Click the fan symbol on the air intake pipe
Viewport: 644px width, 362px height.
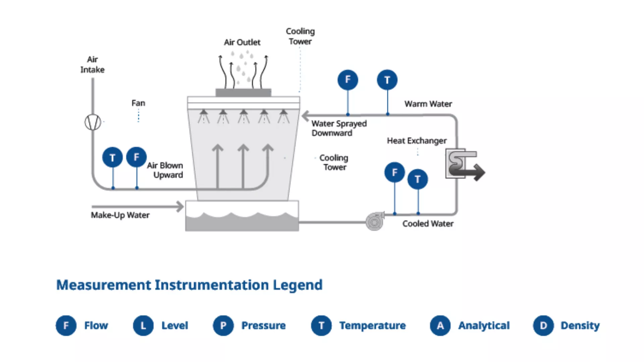(93, 122)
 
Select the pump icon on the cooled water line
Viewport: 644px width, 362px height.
(375, 221)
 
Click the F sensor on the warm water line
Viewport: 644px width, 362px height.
(347, 80)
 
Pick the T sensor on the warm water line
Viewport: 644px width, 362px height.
(387, 80)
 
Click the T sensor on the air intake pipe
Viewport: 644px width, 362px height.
(112, 157)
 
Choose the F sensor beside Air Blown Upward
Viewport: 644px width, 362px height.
(136, 157)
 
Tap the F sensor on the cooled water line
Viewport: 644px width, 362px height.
(394, 172)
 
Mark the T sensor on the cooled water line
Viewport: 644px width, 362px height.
(418, 179)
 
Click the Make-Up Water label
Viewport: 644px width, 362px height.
(120, 215)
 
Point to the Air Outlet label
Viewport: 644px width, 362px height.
(242, 42)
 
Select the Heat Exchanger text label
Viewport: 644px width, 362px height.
(417, 141)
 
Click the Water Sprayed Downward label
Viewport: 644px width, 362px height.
(339, 128)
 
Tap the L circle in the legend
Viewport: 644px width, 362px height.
(143, 325)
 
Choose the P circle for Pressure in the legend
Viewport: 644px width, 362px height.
(223, 325)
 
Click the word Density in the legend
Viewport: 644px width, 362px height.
(580, 325)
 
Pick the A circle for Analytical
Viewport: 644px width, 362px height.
(440, 325)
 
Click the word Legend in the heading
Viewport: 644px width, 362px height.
(298, 285)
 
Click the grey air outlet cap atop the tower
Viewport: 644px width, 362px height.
(243, 93)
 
